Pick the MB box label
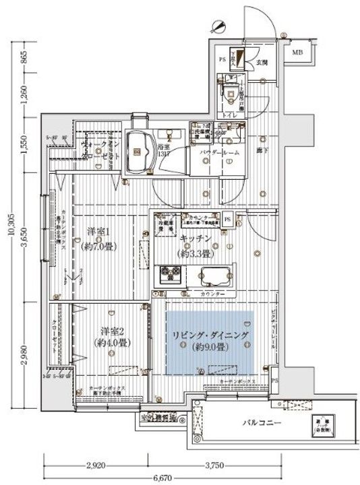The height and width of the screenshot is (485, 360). pos(298,51)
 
